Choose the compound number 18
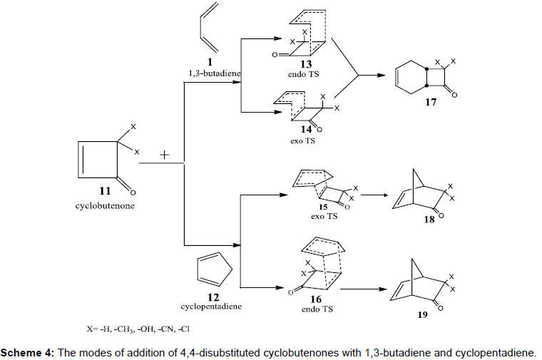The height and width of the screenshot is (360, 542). [x=429, y=220]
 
